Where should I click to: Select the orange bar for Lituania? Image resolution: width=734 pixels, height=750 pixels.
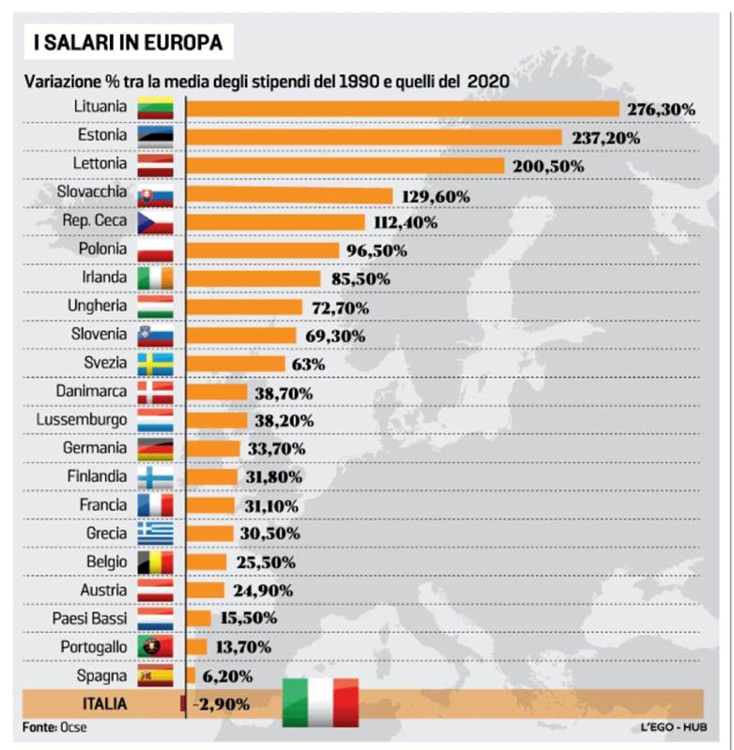[403, 110]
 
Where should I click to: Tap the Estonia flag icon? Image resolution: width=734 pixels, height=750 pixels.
[155, 137]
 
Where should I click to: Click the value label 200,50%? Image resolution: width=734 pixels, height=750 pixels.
[549, 166]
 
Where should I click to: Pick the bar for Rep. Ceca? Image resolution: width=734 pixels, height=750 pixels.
[276, 222]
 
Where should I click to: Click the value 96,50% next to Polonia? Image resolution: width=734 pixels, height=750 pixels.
[375, 250]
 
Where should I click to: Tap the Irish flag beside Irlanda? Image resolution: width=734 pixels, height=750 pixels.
[155, 278]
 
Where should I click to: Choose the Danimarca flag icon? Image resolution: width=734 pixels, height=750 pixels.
[155, 392]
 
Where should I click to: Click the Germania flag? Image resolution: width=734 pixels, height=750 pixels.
[155, 449]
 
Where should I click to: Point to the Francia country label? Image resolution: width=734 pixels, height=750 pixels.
[102, 505]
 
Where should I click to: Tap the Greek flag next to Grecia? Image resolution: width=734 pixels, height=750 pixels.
[155, 533]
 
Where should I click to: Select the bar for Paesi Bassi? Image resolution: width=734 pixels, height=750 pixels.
[199, 619]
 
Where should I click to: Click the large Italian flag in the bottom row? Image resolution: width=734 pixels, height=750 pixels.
[321, 703]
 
